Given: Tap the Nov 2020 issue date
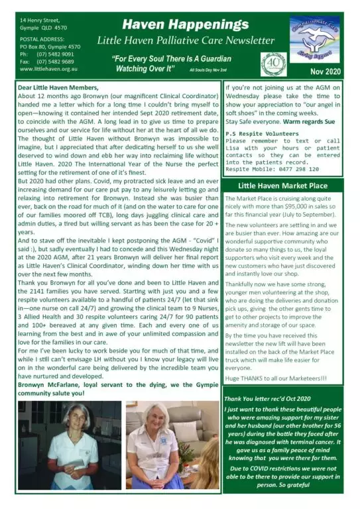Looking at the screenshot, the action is pos(324,70).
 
